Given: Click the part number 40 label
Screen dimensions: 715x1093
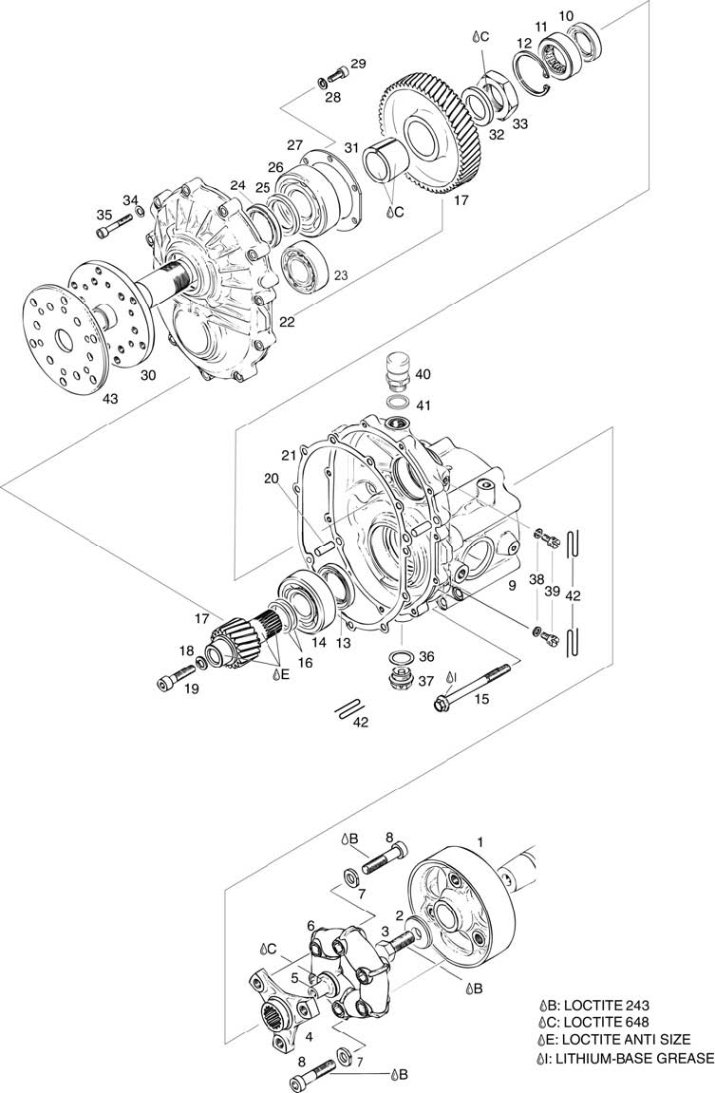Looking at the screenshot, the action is (x=423, y=374).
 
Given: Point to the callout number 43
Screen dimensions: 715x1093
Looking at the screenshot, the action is (x=111, y=399).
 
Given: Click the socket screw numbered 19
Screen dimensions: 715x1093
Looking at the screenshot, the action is (x=177, y=675).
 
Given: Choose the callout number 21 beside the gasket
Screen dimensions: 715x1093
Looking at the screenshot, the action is (x=289, y=455).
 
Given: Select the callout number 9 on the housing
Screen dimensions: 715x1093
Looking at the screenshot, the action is (x=512, y=586).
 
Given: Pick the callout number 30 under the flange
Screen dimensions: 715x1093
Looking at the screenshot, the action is (x=148, y=375).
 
